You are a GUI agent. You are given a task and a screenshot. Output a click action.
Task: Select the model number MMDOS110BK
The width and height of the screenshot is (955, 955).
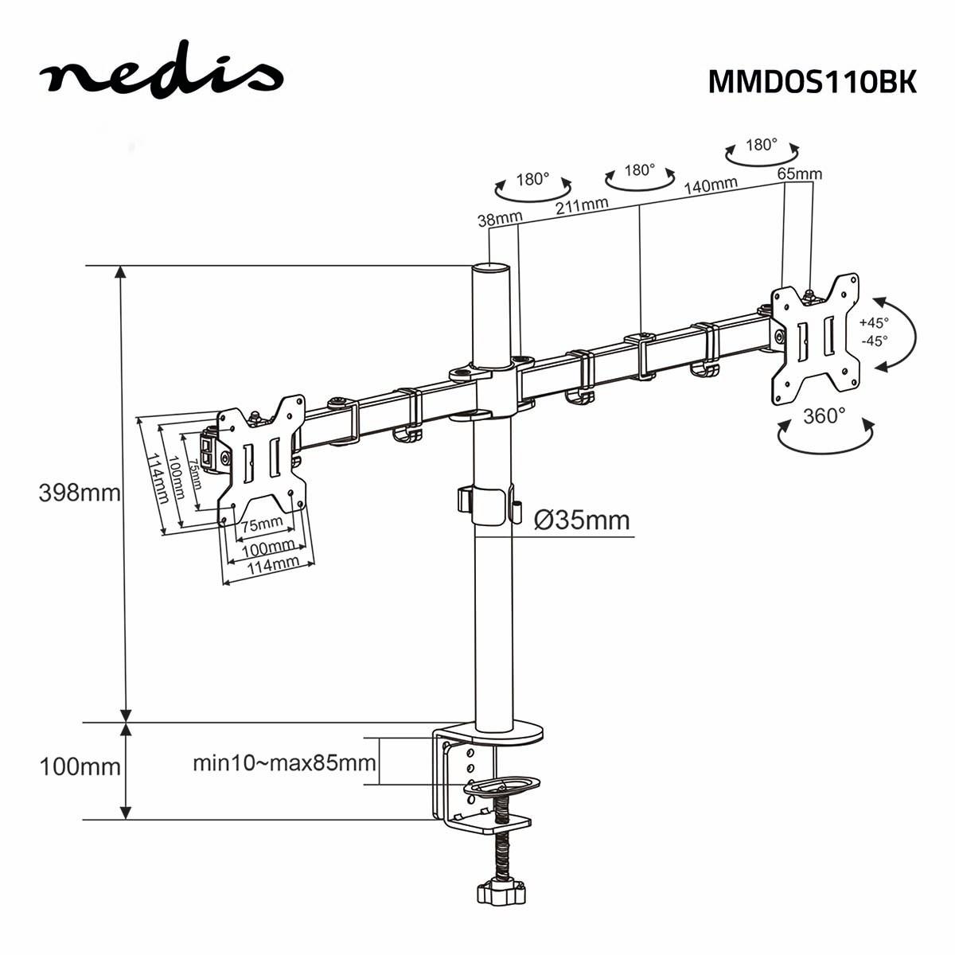[x=812, y=81]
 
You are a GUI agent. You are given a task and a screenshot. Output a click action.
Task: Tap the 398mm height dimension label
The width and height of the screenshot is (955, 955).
[x=80, y=493]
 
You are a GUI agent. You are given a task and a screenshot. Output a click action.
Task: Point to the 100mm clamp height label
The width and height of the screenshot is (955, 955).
[x=80, y=767]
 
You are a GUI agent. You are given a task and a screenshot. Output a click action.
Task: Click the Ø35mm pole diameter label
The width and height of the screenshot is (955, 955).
[x=582, y=520]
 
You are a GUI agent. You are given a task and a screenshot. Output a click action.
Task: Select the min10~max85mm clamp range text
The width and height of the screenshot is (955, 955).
[x=284, y=763]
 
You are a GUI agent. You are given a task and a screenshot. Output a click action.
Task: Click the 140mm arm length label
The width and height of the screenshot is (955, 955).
[x=711, y=186]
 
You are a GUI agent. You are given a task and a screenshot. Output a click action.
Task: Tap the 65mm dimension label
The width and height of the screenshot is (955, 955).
[x=799, y=173]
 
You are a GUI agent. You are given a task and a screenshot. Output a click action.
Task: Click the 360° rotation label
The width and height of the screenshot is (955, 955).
[x=824, y=416]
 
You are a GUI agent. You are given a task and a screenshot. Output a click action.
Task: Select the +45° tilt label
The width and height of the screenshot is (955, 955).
[x=874, y=323]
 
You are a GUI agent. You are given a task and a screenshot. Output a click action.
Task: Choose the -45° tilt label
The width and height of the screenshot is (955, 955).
[x=874, y=340]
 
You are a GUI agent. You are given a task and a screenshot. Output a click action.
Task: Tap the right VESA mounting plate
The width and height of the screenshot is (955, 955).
[x=816, y=338]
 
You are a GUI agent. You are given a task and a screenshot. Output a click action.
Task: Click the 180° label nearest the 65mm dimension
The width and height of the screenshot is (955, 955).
[x=761, y=145]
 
